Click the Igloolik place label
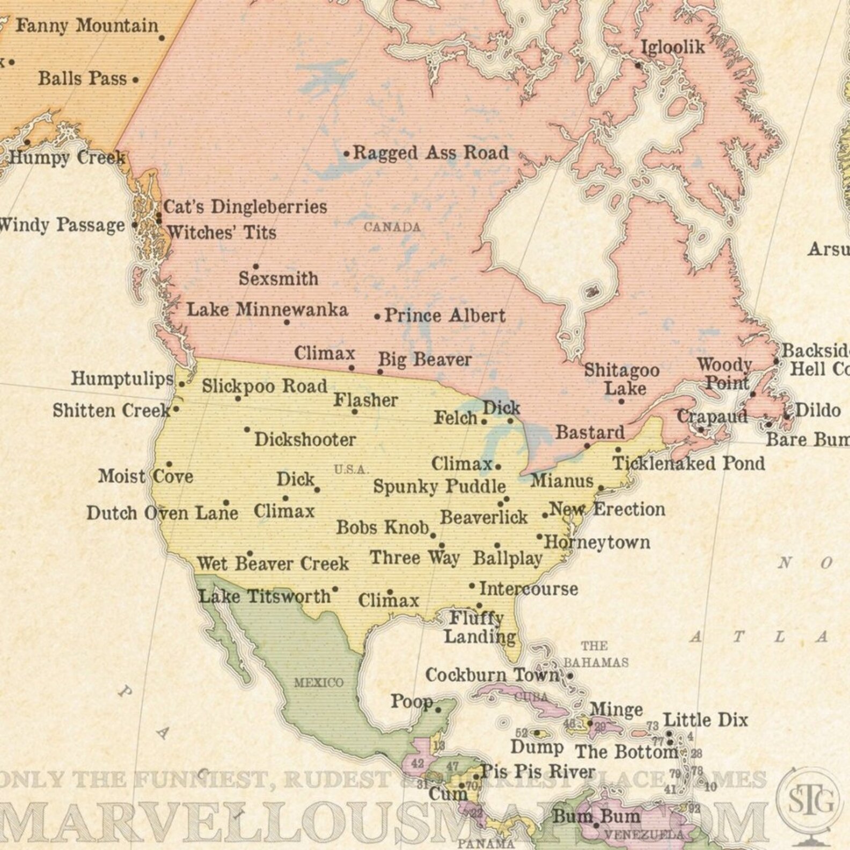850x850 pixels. pyautogui.click(x=673, y=47)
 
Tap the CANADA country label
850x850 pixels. pyautogui.click(x=392, y=227)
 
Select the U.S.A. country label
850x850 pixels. pyautogui.click(x=351, y=470)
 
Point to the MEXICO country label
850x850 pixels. pyautogui.click(x=318, y=683)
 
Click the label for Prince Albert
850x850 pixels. pyautogui.click(x=445, y=316)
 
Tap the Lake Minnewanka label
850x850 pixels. pyautogui.click(x=267, y=310)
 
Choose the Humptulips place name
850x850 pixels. pyautogui.click(x=122, y=379)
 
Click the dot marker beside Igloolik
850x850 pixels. pyautogui.click(x=638, y=65)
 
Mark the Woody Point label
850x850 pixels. pyautogui.click(x=725, y=374)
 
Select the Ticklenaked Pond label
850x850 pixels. pyautogui.click(x=689, y=463)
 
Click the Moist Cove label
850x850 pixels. pyautogui.click(x=145, y=476)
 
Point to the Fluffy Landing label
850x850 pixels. pyautogui.click(x=479, y=627)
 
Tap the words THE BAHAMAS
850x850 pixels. pyautogui.click(x=595, y=654)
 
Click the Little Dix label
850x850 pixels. pyautogui.click(x=705, y=720)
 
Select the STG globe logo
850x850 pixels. pyautogui.click(x=811, y=801)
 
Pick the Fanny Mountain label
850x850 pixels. pyautogui.click(x=87, y=25)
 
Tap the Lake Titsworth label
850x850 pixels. pyautogui.click(x=265, y=596)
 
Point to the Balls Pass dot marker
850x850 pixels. pyautogui.click(x=135, y=80)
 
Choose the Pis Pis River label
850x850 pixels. pyautogui.click(x=538, y=772)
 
